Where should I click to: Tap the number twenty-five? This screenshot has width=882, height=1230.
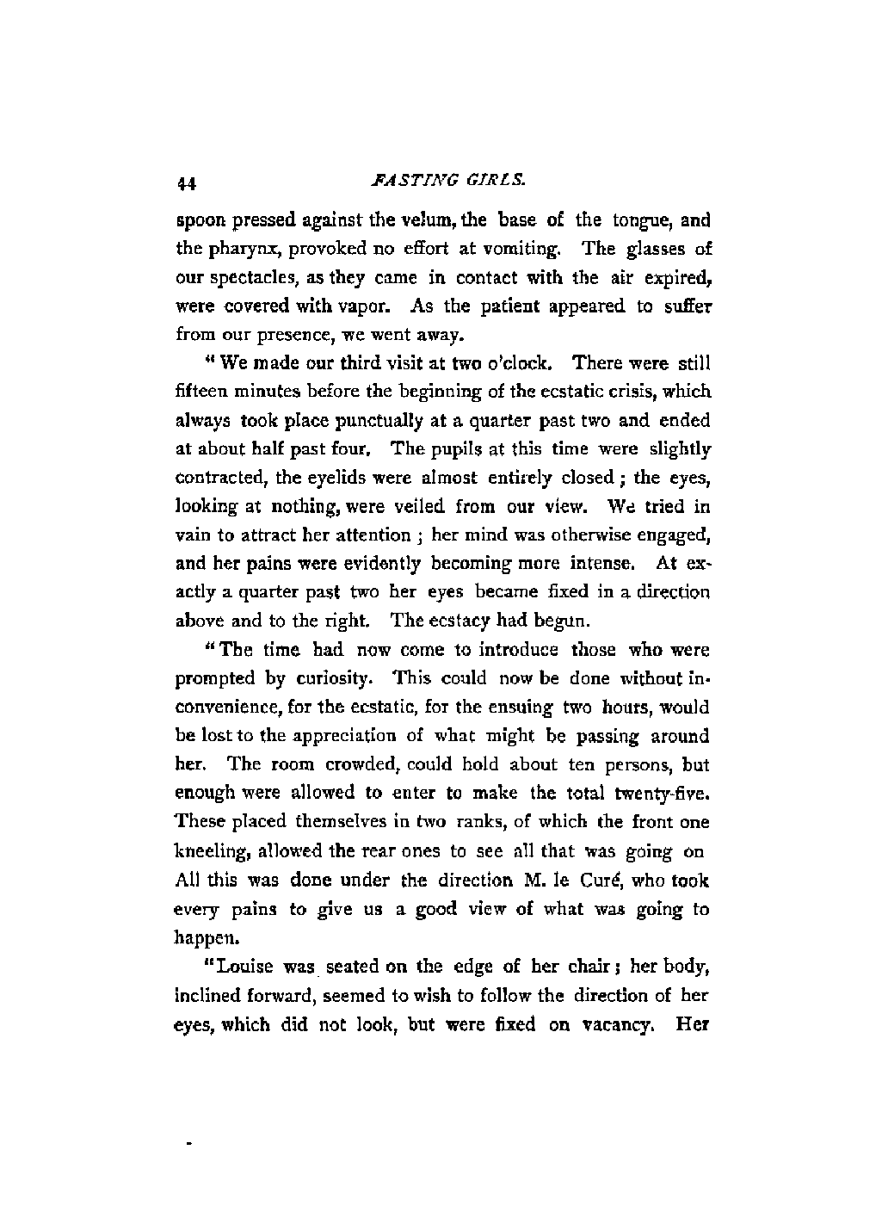(669, 793)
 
